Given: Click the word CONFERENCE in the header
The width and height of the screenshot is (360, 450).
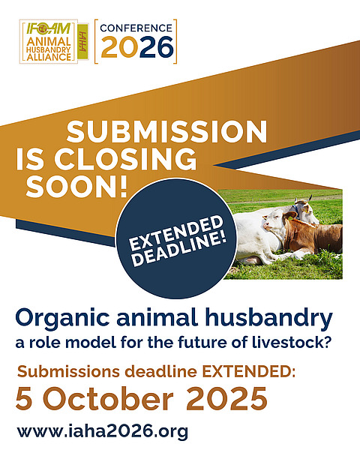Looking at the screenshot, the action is click(x=136, y=28).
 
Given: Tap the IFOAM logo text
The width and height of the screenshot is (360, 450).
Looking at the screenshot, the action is click(x=49, y=28).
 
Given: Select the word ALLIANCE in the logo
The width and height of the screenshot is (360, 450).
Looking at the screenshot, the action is click(x=49, y=57).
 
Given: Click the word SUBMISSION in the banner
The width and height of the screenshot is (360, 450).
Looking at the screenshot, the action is click(x=166, y=132).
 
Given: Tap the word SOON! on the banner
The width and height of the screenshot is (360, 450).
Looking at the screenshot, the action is click(x=76, y=186).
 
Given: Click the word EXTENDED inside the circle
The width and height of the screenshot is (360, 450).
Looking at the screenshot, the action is click(x=176, y=233).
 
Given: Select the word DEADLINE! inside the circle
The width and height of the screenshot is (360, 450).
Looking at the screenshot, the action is click(x=180, y=248).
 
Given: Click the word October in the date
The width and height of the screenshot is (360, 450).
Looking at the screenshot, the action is click(x=108, y=399).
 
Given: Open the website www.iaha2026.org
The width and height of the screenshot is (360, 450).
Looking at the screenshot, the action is click(x=103, y=431).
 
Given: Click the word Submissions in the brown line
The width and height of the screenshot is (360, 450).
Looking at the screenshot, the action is click(x=68, y=372).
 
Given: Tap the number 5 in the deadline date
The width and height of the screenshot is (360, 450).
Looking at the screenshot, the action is click(x=24, y=399).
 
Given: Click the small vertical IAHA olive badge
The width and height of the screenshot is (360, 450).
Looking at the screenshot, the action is click(x=83, y=41).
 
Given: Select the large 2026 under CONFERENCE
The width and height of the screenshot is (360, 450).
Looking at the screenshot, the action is click(x=137, y=47).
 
